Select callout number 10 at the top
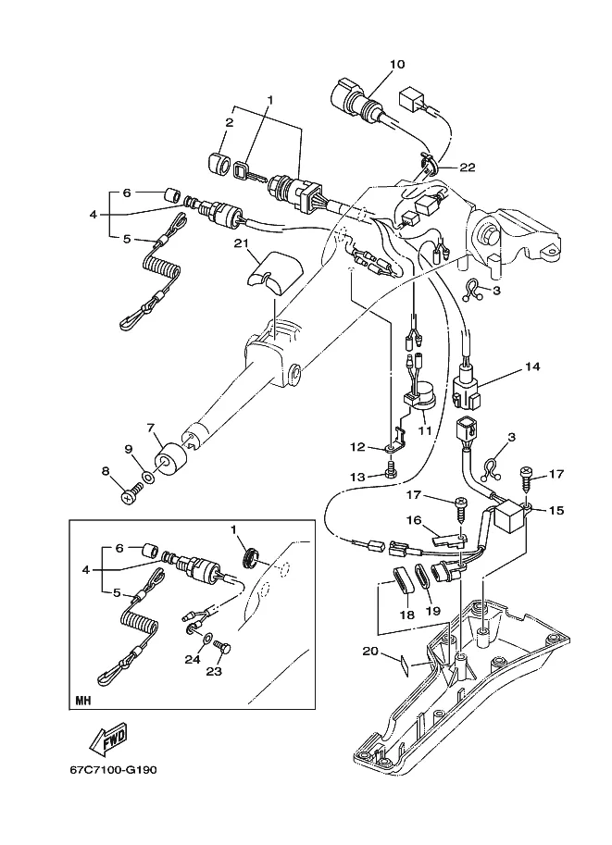pyautogui.click(x=396, y=64)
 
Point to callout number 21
pyautogui.click(x=241, y=243)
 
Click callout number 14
pyautogui.click(x=532, y=367)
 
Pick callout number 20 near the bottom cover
pyautogui.click(x=370, y=651)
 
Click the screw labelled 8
pyautogui.click(x=131, y=493)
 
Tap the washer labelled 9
pyautogui.click(x=148, y=478)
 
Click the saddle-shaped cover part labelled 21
pyautogui.click(x=274, y=273)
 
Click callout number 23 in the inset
pyautogui.click(x=214, y=671)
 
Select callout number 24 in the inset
pyautogui.click(x=193, y=659)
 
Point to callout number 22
pyautogui.click(x=468, y=168)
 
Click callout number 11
pyautogui.click(x=425, y=430)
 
